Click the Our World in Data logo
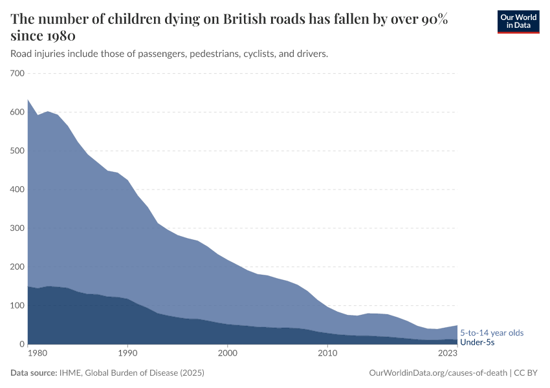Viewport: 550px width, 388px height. point(518,21)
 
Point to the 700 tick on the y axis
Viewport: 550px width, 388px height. point(17,74)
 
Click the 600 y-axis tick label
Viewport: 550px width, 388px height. point(17,113)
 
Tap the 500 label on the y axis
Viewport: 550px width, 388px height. point(17,151)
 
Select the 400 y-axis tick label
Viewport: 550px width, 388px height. point(17,189)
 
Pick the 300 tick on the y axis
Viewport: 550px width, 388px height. point(17,228)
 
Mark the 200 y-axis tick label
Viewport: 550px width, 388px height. point(17,267)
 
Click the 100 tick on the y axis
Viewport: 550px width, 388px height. point(17,306)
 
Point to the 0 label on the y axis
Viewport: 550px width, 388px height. point(21,345)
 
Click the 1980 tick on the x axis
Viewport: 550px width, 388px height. point(38,354)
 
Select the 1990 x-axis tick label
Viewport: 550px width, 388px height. point(127,354)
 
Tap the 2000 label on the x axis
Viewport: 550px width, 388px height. point(227,354)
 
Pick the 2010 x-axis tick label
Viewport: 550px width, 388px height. point(327,354)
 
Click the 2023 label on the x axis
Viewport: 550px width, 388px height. point(447,354)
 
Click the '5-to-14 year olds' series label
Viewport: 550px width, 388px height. point(491,332)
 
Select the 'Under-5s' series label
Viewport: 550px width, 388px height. point(477,342)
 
